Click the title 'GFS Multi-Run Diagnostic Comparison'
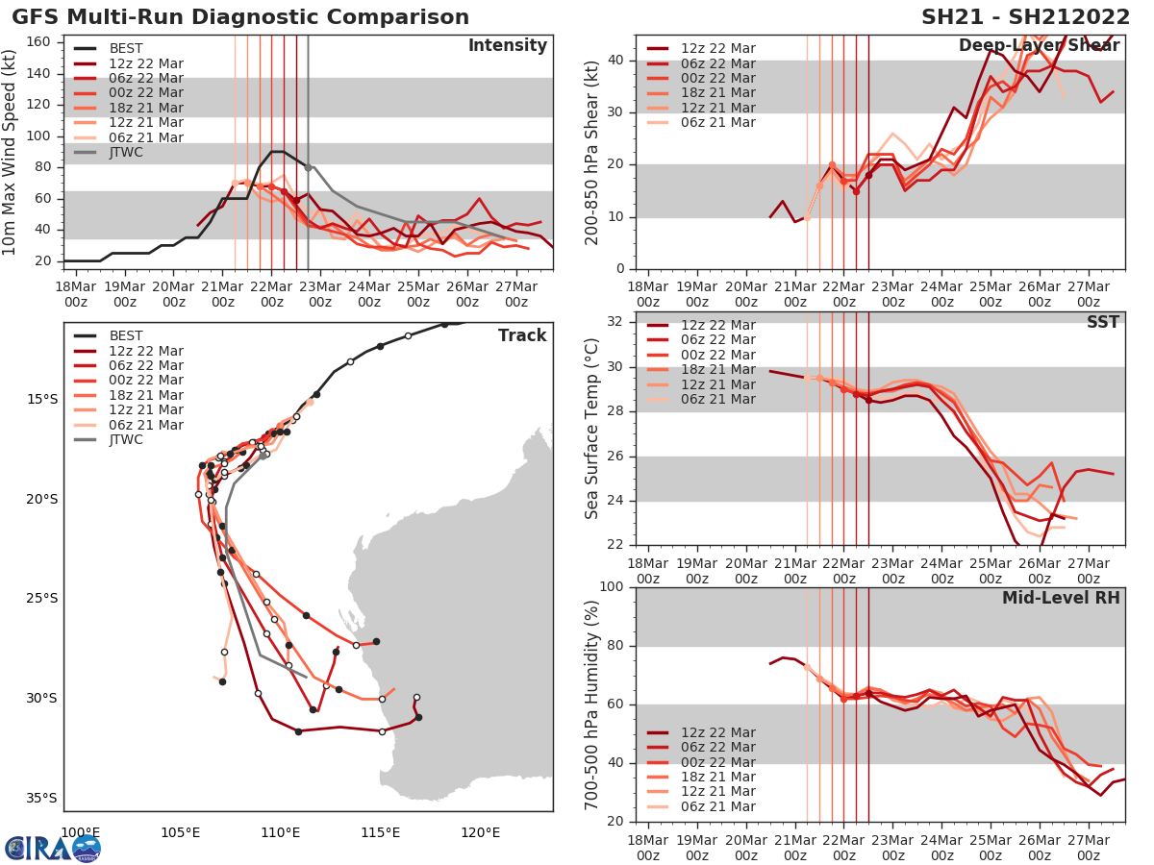(240, 17)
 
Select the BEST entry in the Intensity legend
(125, 49)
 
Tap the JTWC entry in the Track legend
(125, 440)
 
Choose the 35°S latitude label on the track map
(42, 798)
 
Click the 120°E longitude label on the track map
(480, 832)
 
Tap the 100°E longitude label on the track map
(81, 832)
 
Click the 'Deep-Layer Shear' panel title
(1039, 46)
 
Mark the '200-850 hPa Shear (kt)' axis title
(593, 152)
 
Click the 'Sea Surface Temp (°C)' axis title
(593, 429)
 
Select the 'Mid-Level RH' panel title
(1061, 598)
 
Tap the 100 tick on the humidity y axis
(613, 587)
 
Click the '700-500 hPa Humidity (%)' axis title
(593, 704)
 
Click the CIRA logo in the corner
(52, 848)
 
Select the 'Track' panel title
(522, 335)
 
